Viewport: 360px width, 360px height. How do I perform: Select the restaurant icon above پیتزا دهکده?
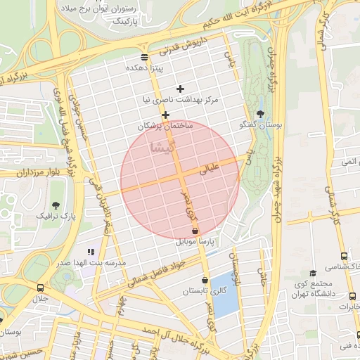tap(144, 57)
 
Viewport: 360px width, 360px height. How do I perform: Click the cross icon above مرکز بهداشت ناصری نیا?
tap(181, 89)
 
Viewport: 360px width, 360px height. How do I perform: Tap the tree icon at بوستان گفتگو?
tap(261, 113)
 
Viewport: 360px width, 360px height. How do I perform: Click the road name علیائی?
tap(210, 169)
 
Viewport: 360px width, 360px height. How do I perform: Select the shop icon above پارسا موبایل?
tap(195, 231)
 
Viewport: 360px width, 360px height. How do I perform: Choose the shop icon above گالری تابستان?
tap(205, 280)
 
